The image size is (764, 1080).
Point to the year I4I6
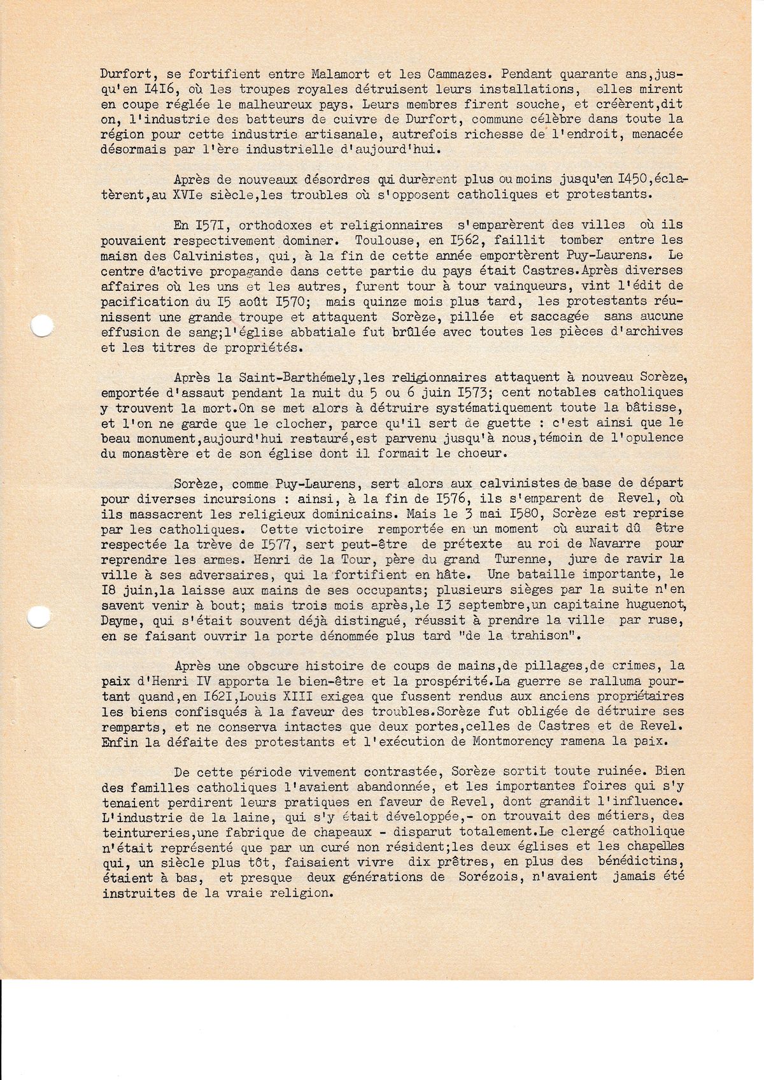pos(167,89)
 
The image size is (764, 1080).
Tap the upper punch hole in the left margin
pos(41,326)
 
